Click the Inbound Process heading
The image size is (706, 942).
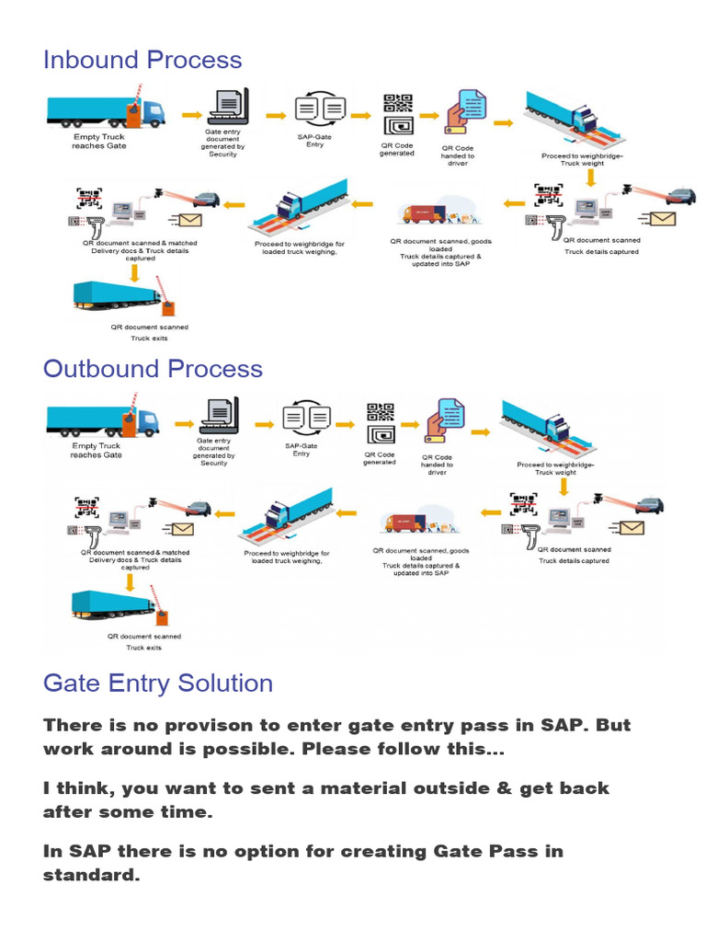[142, 60]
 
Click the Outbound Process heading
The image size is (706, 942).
[153, 369]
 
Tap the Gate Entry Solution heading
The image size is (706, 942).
[158, 683]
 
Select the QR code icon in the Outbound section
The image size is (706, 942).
[381, 422]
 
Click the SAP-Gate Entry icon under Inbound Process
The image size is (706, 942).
[320, 109]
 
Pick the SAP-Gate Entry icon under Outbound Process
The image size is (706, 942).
[306, 419]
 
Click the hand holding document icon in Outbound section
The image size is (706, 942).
[443, 422]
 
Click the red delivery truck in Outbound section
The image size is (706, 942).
[404, 523]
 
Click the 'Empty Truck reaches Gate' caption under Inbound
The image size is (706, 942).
[99, 141]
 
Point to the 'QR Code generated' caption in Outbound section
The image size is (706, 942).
[381, 458]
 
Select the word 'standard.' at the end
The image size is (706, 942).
[91, 874]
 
